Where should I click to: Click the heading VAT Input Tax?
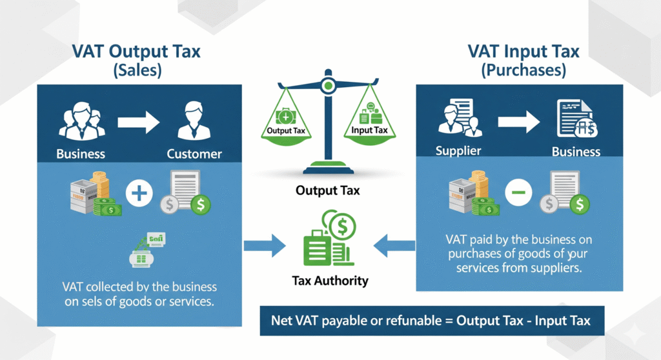coord(524,52)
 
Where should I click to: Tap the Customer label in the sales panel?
coord(194,154)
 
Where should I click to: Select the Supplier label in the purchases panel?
coord(458,151)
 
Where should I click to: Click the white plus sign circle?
coord(139,193)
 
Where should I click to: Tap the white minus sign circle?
coord(518,192)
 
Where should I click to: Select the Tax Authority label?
coord(330,281)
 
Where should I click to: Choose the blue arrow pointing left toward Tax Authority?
coord(394,243)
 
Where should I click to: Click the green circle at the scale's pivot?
coord(328,84)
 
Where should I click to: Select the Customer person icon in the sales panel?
coord(194,119)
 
